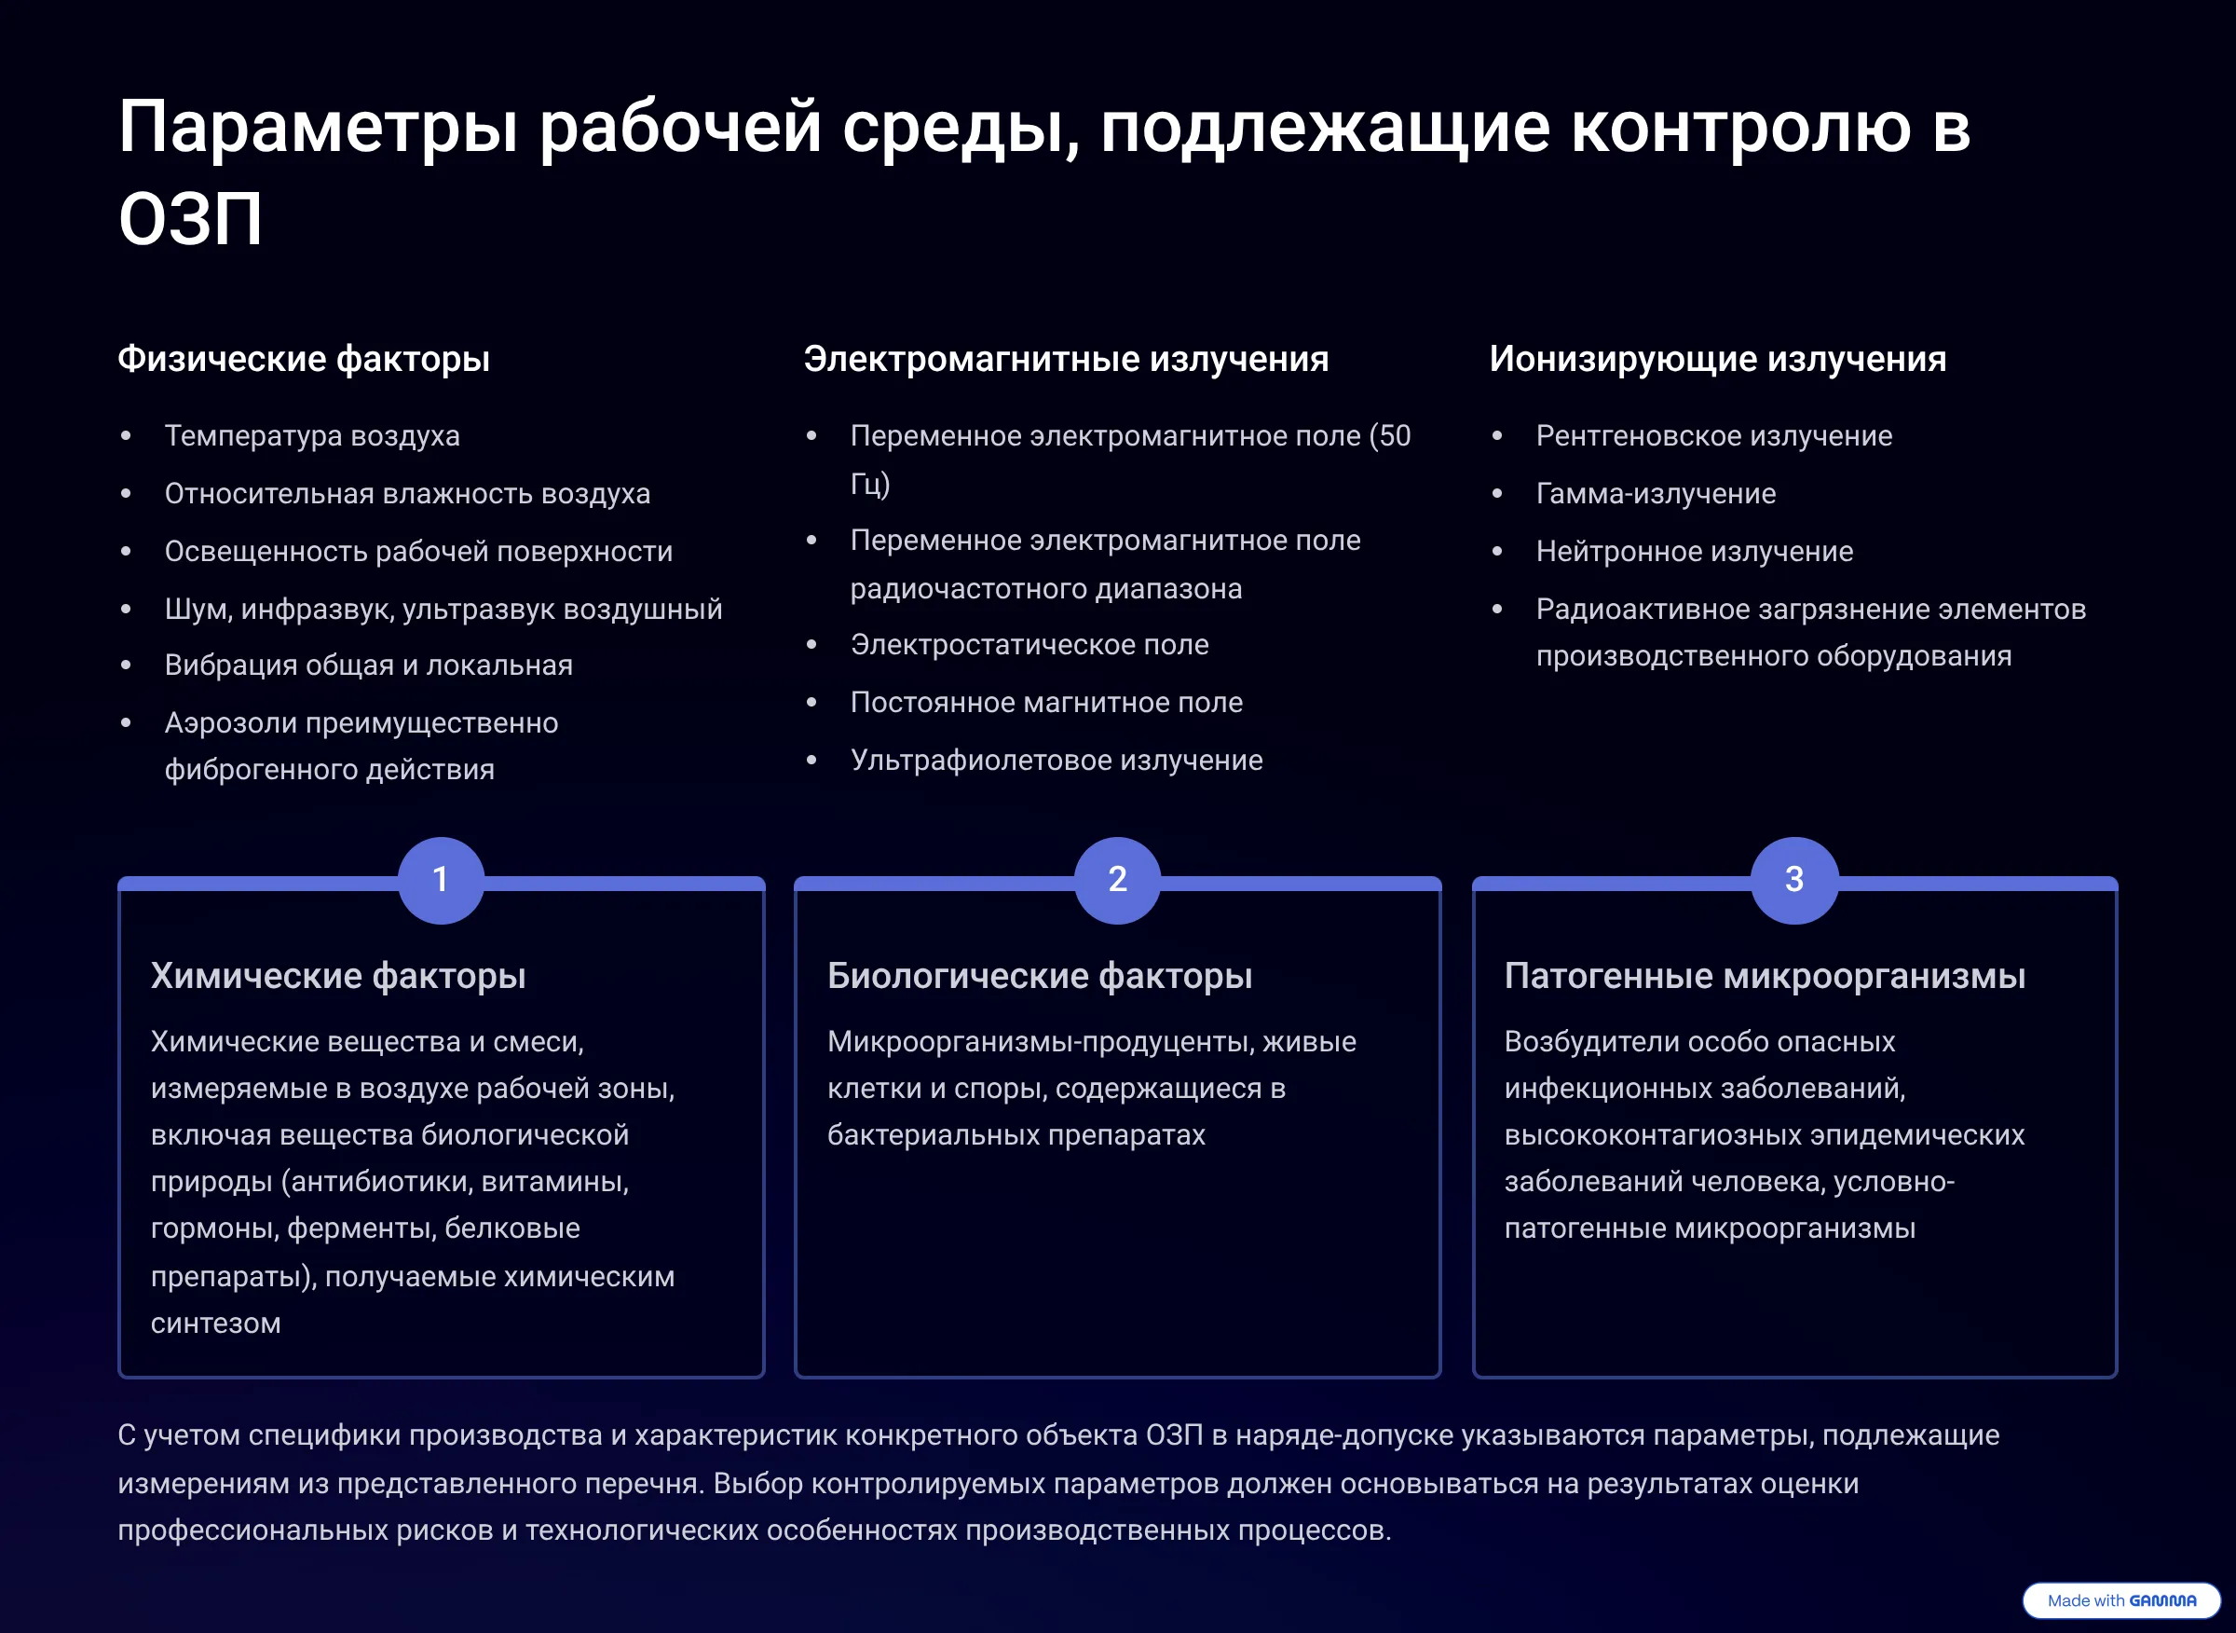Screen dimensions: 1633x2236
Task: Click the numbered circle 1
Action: pyautogui.click(x=441, y=880)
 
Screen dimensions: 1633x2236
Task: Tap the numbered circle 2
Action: pyautogui.click(x=1117, y=880)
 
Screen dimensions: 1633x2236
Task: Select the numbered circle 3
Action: pyautogui.click(x=1794, y=880)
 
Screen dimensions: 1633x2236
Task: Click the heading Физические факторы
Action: pyautogui.click(x=304, y=359)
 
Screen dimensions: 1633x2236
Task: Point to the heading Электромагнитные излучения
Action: pyautogui.click(x=1065, y=359)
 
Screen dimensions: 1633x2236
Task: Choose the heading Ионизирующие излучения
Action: pyautogui.click(x=1717, y=359)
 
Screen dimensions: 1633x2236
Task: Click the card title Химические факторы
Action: pyautogui.click(x=338, y=976)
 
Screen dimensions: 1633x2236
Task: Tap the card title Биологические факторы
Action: pyautogui.click(x=1040, y=976)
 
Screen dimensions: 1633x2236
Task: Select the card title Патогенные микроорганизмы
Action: pyautogui.click(x=1765, y=976)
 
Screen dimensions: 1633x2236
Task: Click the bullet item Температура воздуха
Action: pyautogui.click(x=311, y=436)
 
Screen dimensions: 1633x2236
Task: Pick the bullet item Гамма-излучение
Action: pyautogui.click(x=1655, y=493)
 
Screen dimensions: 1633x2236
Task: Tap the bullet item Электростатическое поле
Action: pyautogui.click(x=1029, y=644)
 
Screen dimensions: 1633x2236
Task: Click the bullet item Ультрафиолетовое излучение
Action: pyautogui.click(x=1056, y=761)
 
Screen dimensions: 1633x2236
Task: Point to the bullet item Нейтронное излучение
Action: pyautogui.click(x=1694, y=552)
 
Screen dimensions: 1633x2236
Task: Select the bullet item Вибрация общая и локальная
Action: pyautogui.click(x=368, y=666)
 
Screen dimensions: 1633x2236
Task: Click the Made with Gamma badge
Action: pyautogui.click(x=2120, y=1600)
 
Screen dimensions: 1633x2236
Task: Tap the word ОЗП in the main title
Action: pyautogui.click(x=190, y=218)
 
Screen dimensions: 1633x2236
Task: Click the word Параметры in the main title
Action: pyautogui.click(x=318, y=128)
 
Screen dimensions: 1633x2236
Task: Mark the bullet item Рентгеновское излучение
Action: pyautogui.click(x=1713, y=436)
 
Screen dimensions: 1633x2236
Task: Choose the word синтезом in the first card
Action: pyautogui.click(x=215, y=1324)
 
